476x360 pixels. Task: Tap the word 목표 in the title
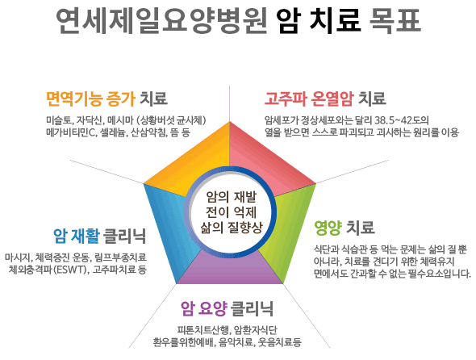coord(395,21)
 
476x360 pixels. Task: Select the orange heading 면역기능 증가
coord(90,98)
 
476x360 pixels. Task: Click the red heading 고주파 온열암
coord(309,98)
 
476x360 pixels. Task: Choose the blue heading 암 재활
coord(77,236)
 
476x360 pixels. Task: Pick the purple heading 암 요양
coord(204,308)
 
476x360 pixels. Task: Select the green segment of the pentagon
coord(287,231)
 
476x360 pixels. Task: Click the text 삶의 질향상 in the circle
coord(232,228)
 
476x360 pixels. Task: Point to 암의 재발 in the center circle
coord(232,197)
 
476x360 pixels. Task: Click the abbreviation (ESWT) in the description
coord(70,270)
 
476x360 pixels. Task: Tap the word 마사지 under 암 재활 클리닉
coord(18,257)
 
